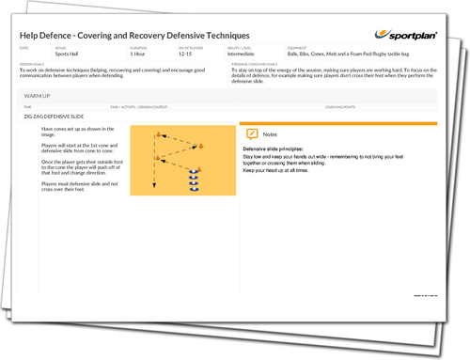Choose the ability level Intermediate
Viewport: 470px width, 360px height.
(249, 55)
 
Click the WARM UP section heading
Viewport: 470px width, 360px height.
(39, 95)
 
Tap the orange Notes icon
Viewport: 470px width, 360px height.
(251, 135)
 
